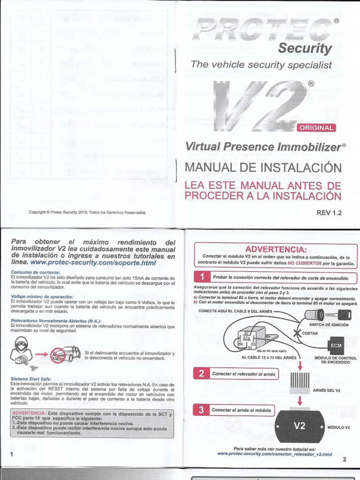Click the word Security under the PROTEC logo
coord(305,48)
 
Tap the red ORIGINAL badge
coord(317,127)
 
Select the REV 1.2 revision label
coord(329,212)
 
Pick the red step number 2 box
coord(201,374)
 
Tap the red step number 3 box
coord(201,410)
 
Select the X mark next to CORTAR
coord(296,333)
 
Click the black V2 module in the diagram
coord(300,426)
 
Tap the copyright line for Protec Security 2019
coord(88,212)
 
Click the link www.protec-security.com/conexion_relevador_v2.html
coord(275,454)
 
